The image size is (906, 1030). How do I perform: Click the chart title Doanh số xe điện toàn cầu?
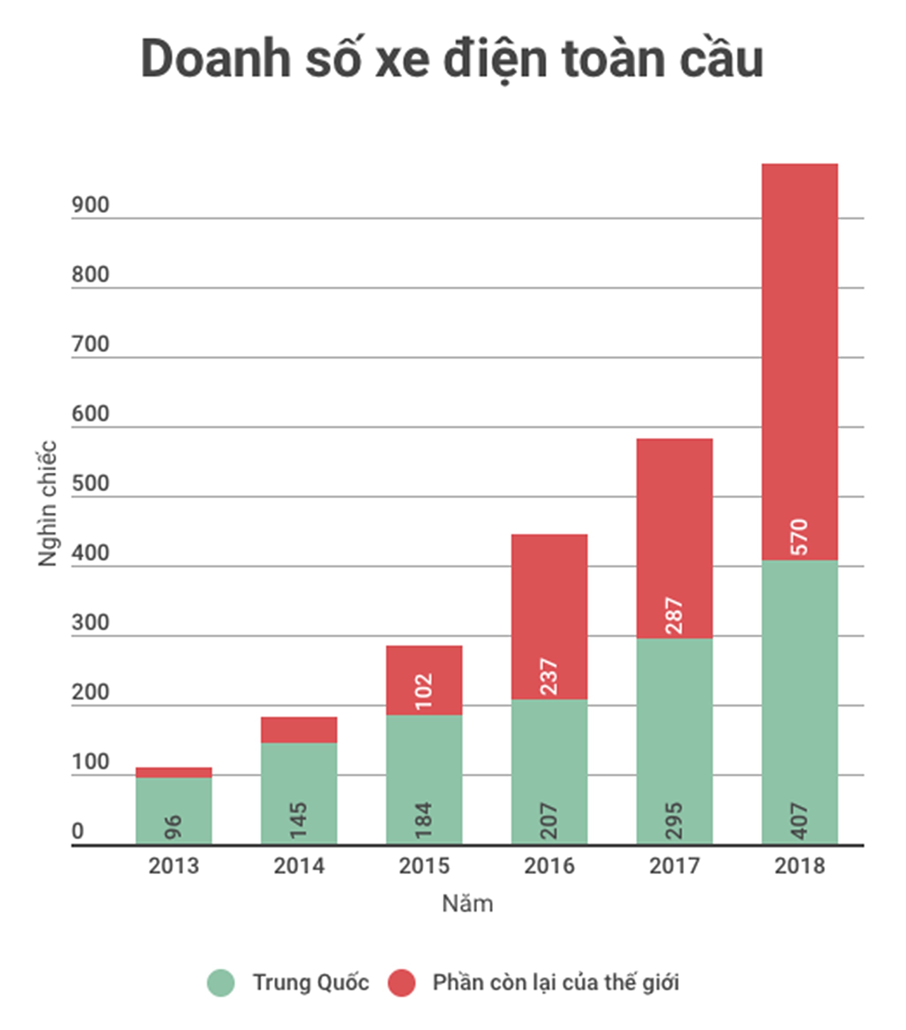point(452,59)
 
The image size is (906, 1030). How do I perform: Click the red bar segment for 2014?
point(299,729)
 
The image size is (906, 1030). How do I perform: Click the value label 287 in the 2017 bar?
point(674,616)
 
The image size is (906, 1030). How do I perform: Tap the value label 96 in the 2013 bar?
point(174,827)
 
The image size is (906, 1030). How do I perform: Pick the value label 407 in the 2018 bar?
point(799,822)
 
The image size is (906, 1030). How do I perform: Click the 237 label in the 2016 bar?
point(549,677)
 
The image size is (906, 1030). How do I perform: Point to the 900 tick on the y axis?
point(90,205)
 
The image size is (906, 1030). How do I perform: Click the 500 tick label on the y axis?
point(90,483)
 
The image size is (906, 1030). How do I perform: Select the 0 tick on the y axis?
point(77,831)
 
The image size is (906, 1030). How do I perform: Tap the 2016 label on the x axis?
point(549,866)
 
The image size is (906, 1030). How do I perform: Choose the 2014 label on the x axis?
point(299,866)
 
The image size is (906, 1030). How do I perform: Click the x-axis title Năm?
point(467,904)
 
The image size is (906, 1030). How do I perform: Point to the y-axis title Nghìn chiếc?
point(47,503)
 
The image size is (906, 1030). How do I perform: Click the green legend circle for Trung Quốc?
point(221,983)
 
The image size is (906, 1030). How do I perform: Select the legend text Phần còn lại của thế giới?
point(556,983)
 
